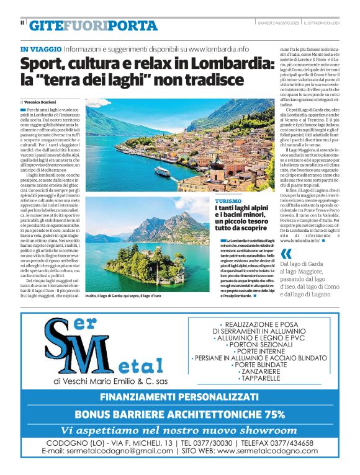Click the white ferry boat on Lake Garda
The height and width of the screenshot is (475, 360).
163,172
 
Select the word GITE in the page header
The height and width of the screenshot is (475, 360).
46,26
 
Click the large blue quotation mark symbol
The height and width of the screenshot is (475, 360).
286,254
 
